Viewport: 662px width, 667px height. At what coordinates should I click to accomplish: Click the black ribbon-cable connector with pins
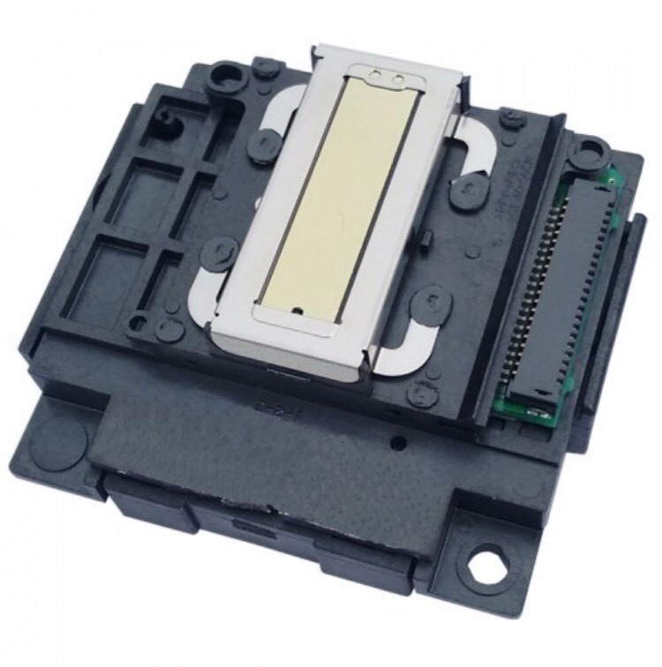[x=558, y=291]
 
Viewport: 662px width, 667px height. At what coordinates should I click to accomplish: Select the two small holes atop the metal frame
[x=387, y=78]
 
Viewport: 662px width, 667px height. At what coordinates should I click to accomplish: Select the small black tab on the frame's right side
[x=425, y=239]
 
